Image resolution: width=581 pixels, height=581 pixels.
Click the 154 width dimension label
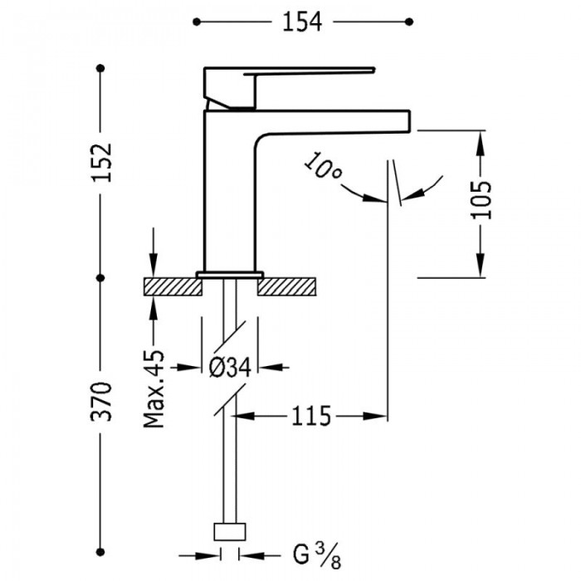(302, 22)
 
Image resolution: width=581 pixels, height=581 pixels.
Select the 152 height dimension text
(102, 162)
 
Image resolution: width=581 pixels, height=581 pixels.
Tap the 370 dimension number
(100, 401)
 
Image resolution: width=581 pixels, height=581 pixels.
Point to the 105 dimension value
(481, 200)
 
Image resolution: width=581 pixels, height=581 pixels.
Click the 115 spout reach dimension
(311, 416)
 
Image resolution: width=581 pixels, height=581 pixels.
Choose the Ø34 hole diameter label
(230, 368)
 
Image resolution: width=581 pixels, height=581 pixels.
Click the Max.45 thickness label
(154, 388)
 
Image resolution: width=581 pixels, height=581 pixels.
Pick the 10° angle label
(323, 166)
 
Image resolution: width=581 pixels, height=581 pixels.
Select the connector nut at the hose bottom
(230, 532)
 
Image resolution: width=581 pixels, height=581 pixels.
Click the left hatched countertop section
(173, 287)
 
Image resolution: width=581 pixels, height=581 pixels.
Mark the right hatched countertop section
(287, 287)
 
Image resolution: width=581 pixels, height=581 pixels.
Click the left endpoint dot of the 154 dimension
(197, 22)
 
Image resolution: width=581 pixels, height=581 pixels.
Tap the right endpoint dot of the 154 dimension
(409, 22)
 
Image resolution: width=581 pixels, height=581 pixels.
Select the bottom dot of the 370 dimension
(100, 552)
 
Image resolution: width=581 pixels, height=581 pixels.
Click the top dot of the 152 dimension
(100, 68)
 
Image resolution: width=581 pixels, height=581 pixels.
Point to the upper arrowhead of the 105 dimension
(481, 142)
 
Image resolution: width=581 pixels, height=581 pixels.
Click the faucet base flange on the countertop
(230, 275)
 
